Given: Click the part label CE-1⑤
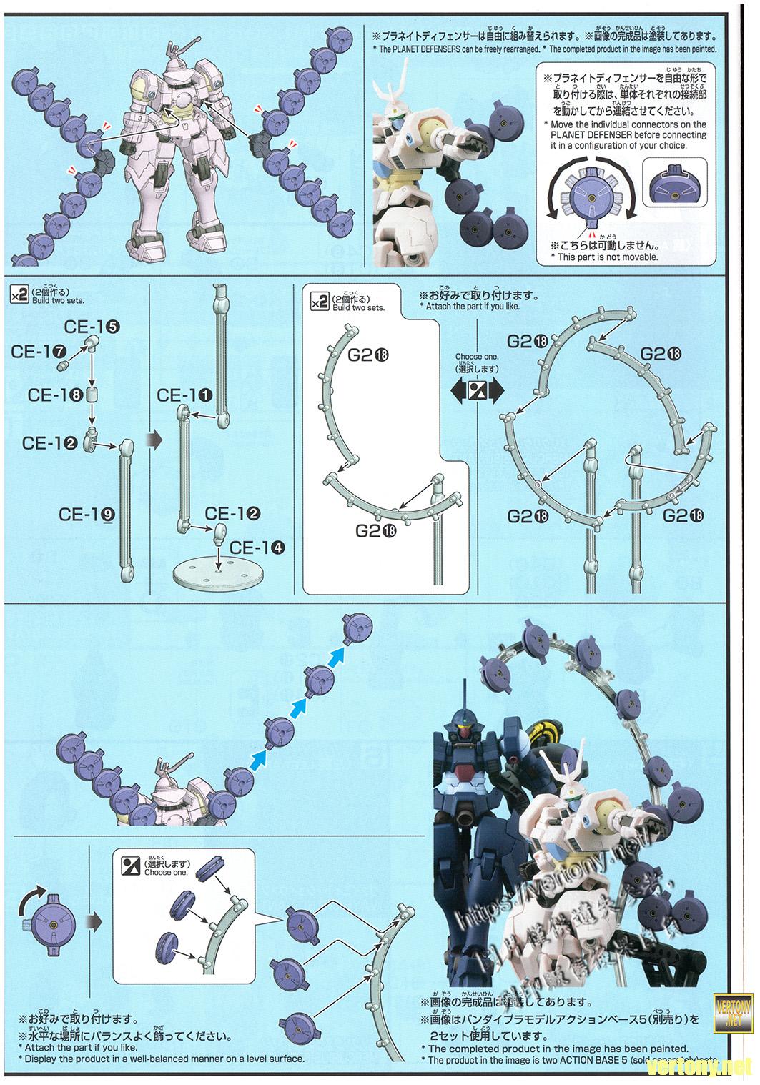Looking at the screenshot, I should click(x=92, y=327).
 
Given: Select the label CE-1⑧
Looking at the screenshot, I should click(x=56, y=395).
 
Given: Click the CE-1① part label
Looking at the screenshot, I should click(x=184, y=395).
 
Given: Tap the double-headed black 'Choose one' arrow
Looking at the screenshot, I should click(x=477, y=390).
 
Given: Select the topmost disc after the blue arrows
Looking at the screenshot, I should click(x=357, y=628).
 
